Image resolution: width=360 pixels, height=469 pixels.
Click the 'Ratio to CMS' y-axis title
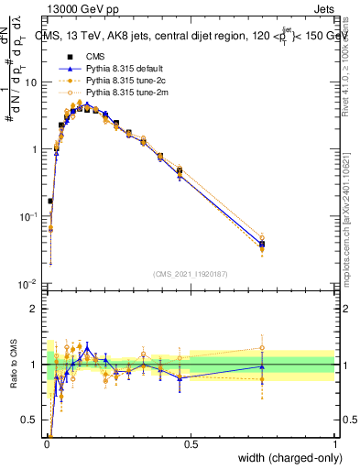click(x=11, y=365)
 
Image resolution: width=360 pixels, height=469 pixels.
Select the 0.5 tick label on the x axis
click(x=191, y=445)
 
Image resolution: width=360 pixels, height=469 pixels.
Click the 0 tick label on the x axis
click(x=47, y=445)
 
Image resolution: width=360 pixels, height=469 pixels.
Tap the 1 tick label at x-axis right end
click(x=334, y=445)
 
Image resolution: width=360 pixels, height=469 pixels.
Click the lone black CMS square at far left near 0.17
click(x=50, y=201)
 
